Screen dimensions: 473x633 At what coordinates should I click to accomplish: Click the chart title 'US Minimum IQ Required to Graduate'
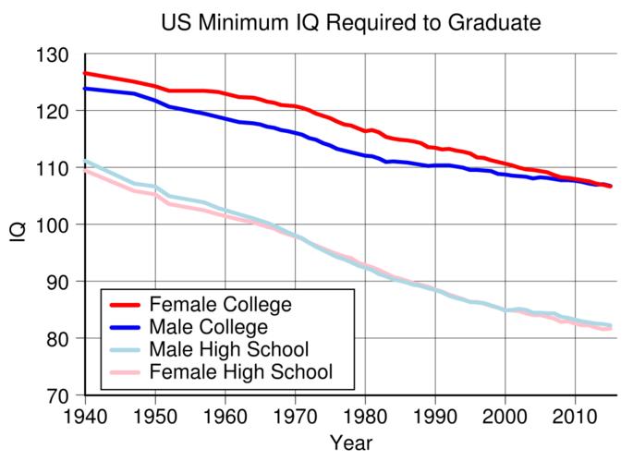point(350,21)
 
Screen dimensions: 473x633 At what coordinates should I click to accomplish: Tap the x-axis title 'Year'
point(350,443)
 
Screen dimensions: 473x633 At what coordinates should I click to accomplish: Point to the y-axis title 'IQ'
point(18,224)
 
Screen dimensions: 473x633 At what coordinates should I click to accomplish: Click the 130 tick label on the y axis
point(55,55)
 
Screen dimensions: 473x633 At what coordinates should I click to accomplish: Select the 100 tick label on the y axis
point(55,224)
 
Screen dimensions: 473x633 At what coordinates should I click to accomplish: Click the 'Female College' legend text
point(220,305)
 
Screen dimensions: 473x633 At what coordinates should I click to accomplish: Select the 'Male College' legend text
point(208,327)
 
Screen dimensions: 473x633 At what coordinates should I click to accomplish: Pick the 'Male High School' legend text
point(228,350)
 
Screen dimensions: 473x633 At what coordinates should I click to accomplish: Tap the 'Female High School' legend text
point(240,372)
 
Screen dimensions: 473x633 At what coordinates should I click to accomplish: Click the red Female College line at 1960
point(225,94)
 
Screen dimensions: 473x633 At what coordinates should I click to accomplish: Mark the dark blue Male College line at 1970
point(295,134)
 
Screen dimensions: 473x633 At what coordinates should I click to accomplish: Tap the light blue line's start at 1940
point(85,161)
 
